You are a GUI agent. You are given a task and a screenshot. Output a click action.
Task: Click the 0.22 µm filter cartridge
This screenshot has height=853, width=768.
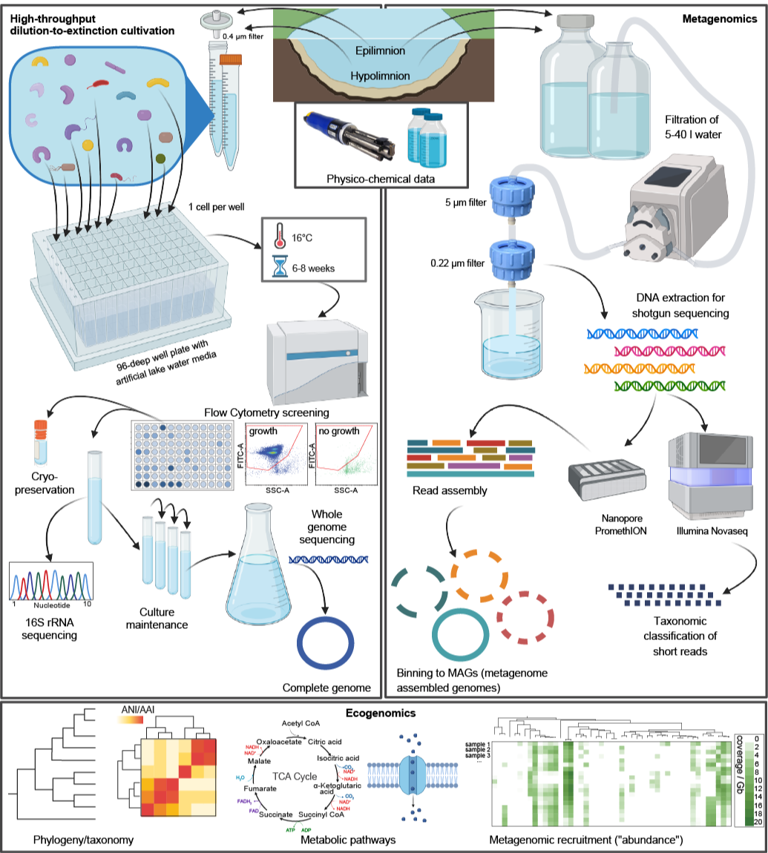[x=512, y=260]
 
